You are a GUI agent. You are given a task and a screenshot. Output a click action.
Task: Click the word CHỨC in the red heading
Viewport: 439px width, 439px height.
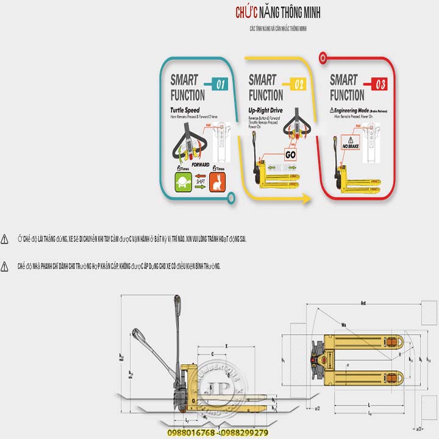pos(246,12)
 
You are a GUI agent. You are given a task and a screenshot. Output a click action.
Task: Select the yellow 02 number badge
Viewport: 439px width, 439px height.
pos(299,85)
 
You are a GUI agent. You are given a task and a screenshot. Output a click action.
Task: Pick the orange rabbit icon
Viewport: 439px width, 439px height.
pos(216,181)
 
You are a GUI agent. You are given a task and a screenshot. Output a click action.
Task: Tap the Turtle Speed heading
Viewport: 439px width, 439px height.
pos(185,110)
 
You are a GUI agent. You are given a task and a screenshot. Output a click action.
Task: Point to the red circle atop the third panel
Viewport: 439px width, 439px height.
pos(323,58)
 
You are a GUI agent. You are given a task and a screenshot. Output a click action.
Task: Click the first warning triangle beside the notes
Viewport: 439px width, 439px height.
pos(5,239)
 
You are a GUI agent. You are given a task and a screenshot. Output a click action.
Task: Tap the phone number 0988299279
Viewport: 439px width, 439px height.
pos(245,432)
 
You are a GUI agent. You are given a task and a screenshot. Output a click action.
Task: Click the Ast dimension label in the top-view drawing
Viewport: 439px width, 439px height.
pos(363,303)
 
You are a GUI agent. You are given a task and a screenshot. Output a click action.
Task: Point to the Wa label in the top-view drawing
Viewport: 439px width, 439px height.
pos(344,324)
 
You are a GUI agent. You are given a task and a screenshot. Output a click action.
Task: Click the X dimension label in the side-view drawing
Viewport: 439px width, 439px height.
pos(226,346)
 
